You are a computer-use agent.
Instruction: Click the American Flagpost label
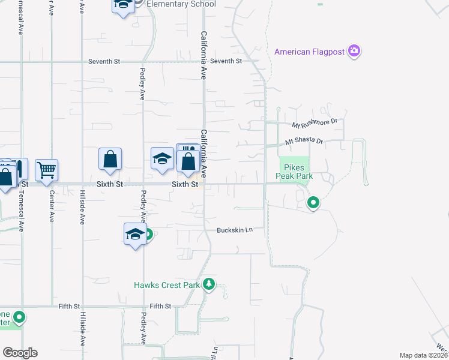coord(309,52)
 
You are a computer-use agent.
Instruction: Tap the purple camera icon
coord(354,51)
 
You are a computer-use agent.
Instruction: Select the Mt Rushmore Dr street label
coord(315,124)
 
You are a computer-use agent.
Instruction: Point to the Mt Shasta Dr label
coord(304,142)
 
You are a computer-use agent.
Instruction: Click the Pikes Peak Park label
coord(294,172)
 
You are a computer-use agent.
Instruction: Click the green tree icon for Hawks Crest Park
coord(208,284)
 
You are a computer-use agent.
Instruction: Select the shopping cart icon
coord(47,170)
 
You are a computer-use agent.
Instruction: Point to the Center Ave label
coord(52,207)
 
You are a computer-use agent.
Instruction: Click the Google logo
coord(20,353)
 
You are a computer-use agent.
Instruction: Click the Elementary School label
coord(181,4)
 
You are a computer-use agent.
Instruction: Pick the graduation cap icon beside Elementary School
coord(123,5)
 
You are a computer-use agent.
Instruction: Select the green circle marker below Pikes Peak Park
coord(313,203)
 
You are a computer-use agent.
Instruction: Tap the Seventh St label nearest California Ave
coord(226,61)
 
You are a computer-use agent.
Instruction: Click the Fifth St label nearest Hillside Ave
coord(70,306)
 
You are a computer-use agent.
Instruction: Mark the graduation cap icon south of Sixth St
coord(135,233)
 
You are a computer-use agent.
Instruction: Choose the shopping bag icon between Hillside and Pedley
coord(110,160)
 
